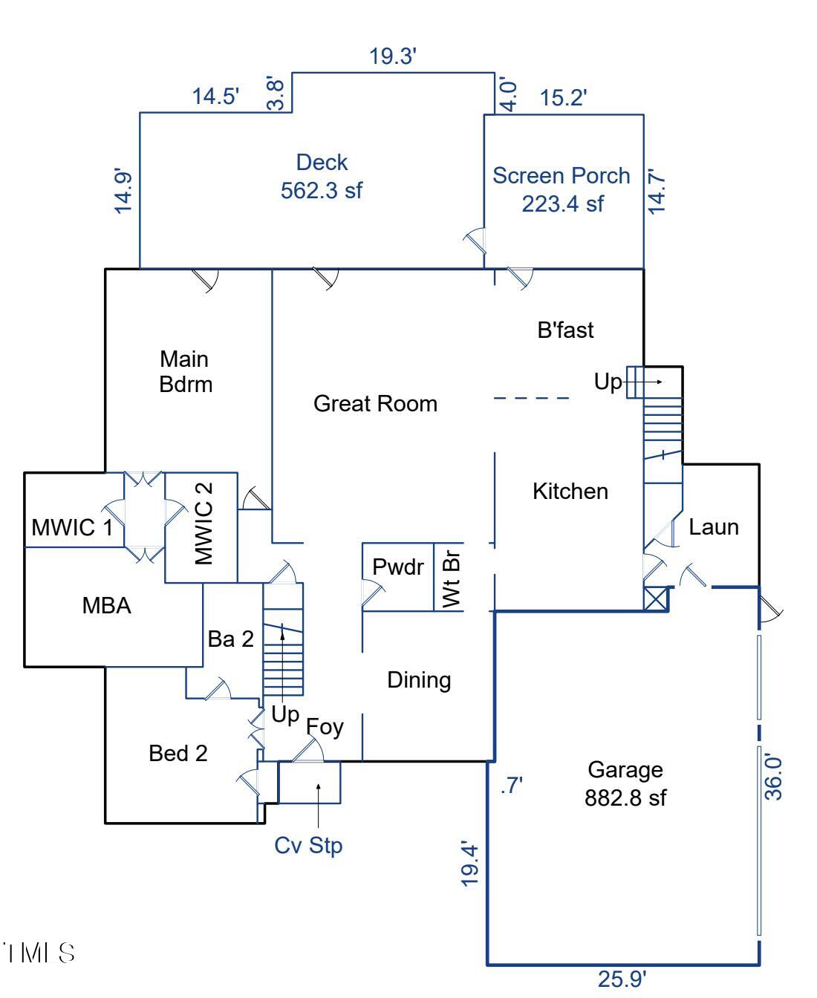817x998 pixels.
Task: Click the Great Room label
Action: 375,404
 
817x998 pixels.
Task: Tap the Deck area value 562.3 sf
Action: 321,191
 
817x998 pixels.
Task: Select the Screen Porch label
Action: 562,176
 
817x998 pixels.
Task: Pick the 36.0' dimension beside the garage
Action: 774,777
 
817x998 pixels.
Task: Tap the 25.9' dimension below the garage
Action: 622,979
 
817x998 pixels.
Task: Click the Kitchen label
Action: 570,492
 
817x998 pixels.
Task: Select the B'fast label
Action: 566,330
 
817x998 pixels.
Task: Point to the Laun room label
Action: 714,527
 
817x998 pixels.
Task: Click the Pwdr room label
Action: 398,567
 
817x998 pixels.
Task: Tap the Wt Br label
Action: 451,577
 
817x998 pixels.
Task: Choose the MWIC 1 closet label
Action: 73,528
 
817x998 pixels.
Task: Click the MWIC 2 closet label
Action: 204,523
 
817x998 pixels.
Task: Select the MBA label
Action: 106,606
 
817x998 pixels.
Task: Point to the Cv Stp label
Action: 308,845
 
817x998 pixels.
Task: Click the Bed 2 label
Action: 178,754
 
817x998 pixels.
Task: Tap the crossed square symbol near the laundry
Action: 656,599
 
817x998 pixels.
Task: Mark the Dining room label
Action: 419,680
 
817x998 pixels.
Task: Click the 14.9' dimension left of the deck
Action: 124,192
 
